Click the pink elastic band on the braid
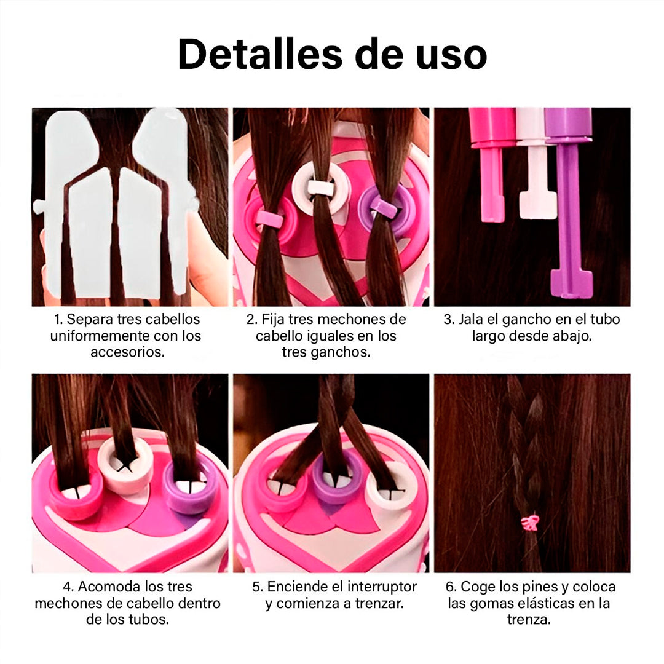tap(528, 523)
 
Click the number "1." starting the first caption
tap(59, 320)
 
